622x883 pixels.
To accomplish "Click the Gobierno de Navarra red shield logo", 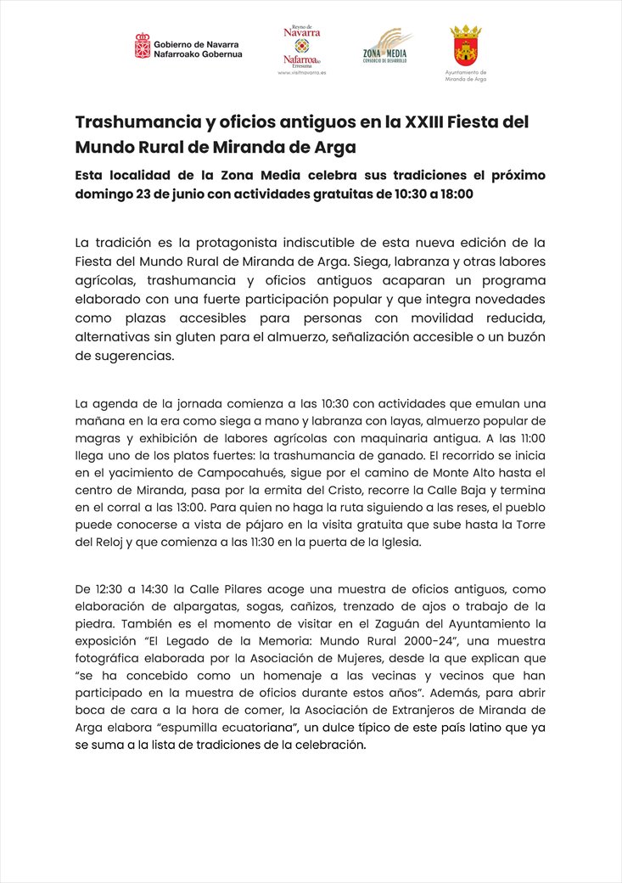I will [x=143, y=46].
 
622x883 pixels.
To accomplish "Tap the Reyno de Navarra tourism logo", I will [x=302, y=47].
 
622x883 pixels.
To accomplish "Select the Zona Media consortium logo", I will [x=387, y=48].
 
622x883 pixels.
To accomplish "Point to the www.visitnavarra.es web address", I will [x=302, y=74].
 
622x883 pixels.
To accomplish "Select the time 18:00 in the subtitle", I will [x=454, y=194].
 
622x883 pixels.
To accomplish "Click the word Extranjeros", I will [x=441, y=710].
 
